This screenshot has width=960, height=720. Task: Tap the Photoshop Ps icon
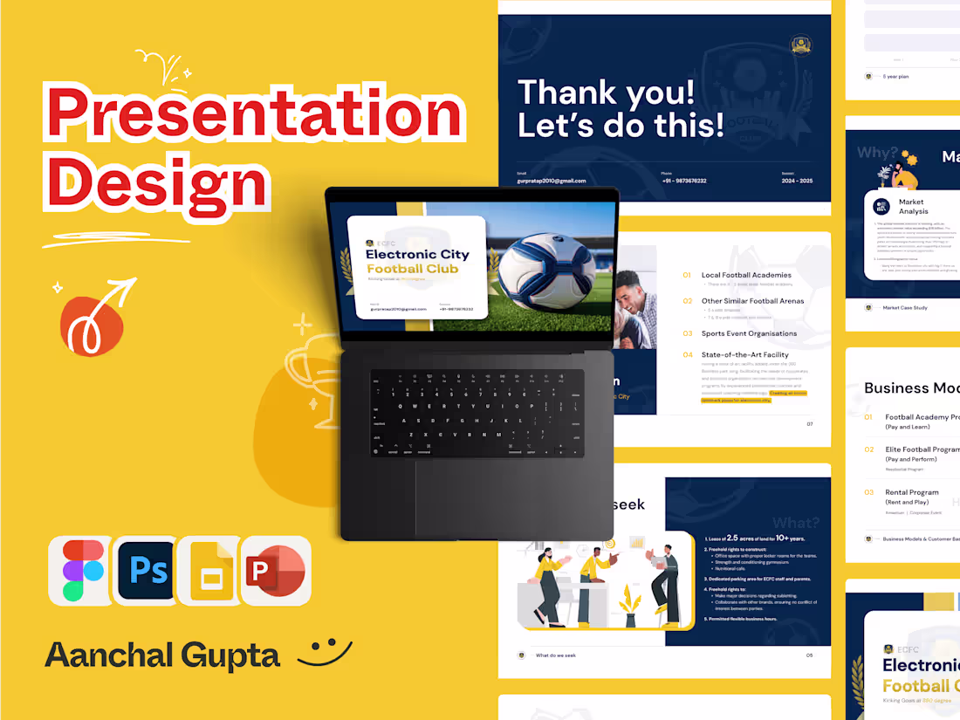(146, 569)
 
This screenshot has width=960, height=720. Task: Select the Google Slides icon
(210, 570)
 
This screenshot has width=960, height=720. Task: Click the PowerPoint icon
(277, 570)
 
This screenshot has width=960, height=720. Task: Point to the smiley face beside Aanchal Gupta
(325, 651)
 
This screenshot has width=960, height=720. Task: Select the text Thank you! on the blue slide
(607, 93)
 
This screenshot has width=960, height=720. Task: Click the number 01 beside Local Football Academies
(687, 276)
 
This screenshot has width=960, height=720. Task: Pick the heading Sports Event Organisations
(749, 333)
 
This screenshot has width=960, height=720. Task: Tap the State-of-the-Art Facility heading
(744, 355)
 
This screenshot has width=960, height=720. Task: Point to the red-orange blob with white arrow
(92, 323)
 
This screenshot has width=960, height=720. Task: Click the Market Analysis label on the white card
(913, 207)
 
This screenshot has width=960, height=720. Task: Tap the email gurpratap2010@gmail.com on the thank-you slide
(552, 181)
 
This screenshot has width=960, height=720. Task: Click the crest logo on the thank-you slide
(800, 45)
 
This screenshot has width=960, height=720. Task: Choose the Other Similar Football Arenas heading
(752, 301)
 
